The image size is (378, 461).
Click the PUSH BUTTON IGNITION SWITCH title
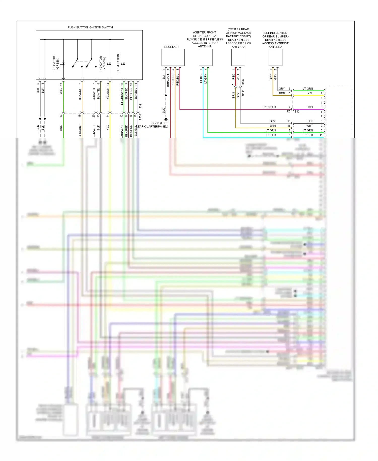pyautogui.click(x=90, y=27)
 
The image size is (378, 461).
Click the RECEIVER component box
pyautogui.click(x=173, y=57)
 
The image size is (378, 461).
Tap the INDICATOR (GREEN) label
pyautogui.click(x=56, y=64)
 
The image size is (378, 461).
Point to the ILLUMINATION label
pyautogui.click(x=118, y=64)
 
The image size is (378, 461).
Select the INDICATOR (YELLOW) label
pyautogui.click(x=102, y=64)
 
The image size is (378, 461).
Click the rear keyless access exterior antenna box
pyautogui.click(x=275, y=57)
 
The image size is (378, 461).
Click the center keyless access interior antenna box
pyautogui.click(x=205, y=57)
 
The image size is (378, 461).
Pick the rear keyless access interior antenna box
pyautogui.click(x=238, y=57)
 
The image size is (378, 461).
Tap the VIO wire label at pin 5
pyautogui.click(x=310, y=107)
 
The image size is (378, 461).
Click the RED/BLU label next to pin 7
pyautogui.click(x=269, y=107)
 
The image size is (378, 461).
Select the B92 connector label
pyautogui.click(x=297, y=111)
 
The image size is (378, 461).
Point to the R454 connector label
pyautogui.click(x=243, y=93)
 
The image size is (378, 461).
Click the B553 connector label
pyautogui.click(x=140, y=117)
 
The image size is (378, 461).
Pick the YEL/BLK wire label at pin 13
pyautogui.click(x=108, y=93)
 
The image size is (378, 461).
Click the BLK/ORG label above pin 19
pyautogui.click(x=80, y=94)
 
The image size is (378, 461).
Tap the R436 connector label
pyautogui.click(x=243, y=82)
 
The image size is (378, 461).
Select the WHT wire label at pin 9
pyautogui.click(x=309, y=126)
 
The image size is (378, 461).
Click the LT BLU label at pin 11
pyautogui.click(x=308, y=135)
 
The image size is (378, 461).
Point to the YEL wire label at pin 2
pyautogui.click(x=310, y=93)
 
